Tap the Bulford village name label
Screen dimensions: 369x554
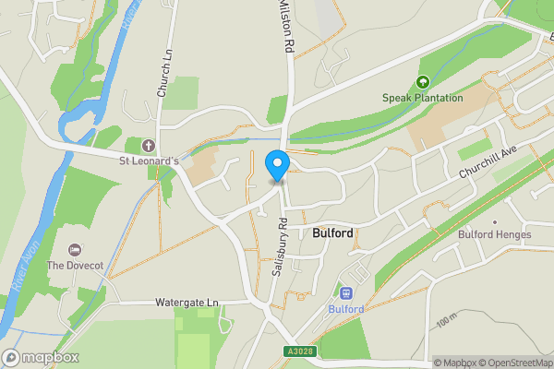[332, 233]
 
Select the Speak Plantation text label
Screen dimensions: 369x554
[423, 98]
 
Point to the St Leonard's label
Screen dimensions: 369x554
[149, 161]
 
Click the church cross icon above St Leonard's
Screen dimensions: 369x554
[149, 146]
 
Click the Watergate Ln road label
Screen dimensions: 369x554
[188, 302]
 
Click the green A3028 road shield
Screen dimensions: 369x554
[299, 351]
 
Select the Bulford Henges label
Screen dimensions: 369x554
[495, 234]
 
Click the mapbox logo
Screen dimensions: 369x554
[41, 357]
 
